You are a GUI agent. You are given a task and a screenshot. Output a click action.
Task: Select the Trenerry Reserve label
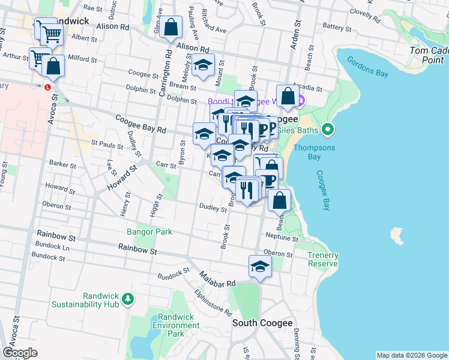[323, 260]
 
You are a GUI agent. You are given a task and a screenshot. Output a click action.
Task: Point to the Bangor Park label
[149, 232]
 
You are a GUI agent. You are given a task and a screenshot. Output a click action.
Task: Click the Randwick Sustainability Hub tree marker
[127, 299]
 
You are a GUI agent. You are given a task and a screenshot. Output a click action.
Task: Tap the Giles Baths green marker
[327, 129]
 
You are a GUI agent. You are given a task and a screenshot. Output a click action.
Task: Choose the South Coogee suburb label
[262, 323]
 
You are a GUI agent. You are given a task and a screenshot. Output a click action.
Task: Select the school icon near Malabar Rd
[260, 266]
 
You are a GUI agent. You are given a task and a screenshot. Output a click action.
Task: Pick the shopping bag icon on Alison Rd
[171, 27]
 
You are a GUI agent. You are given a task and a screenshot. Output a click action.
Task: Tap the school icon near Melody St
[203, 65]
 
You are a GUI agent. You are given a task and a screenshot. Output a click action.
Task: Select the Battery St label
[336, 28]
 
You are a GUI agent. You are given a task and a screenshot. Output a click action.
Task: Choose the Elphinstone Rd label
[213, 302]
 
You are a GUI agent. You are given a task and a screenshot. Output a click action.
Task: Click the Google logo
[20, 353]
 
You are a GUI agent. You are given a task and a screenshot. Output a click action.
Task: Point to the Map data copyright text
[411, 355]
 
